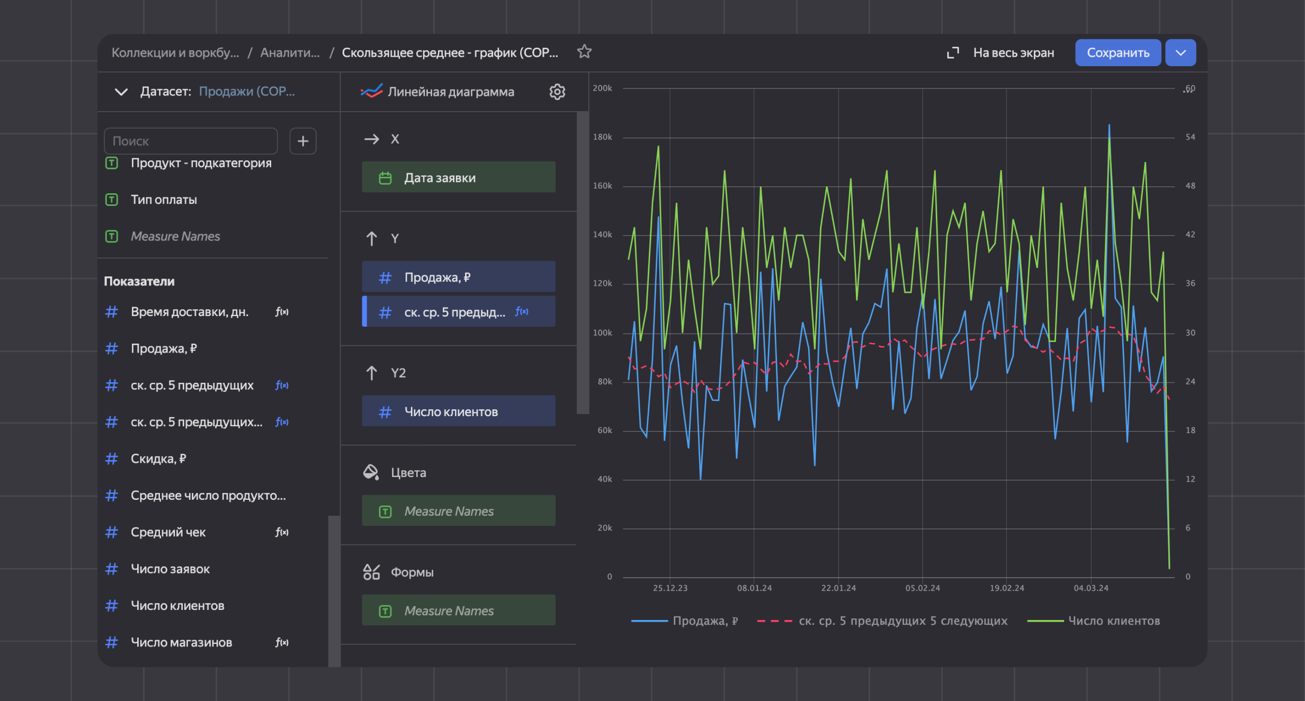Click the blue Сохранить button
tap(1118, 53)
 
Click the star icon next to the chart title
tap(584, 52)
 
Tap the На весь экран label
tap(1013, 53)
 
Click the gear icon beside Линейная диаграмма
tap(557, 92)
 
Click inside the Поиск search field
tap(191, 141)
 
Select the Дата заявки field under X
tap(458, 177)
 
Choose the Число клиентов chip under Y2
tap(458, 411)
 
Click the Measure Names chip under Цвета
tap(458, 511)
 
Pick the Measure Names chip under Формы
tap(458, 610)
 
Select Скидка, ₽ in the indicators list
tap(158, 459)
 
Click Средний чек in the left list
tap(168, 532)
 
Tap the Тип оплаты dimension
tap(164, 200)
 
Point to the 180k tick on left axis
tap(602, 137)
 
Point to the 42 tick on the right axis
tap(1190, 235)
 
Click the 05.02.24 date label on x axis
tap(923, 588)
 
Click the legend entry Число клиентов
tap(1113, 621)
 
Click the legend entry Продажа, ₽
tap(704, 621)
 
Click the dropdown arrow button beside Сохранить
tap(1181, 53)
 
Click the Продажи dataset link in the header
tap(247, 92)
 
